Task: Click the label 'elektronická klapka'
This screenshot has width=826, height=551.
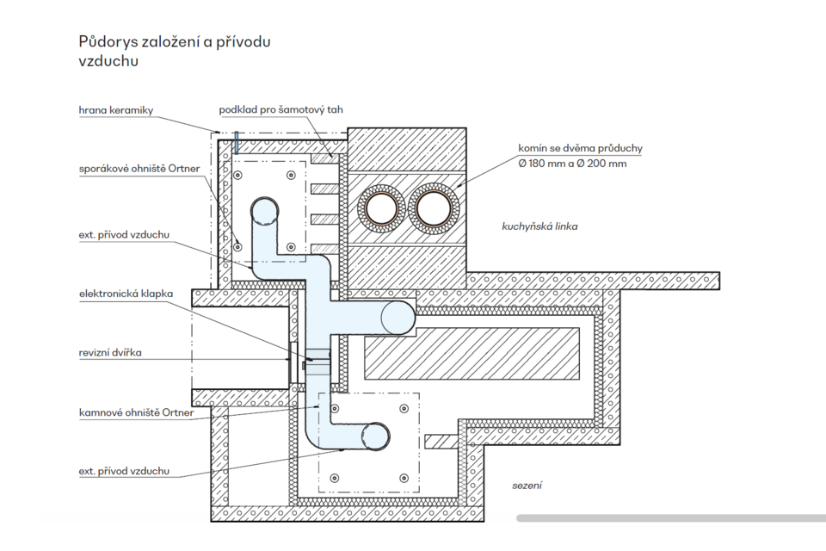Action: pos(126,294)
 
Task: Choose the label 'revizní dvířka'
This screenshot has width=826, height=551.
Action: pos(109,352)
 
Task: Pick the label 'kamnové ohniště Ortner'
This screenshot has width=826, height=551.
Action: pos(136,412)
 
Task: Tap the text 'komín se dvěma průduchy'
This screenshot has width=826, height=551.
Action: pos(579,148)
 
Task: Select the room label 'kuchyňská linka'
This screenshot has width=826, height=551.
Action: pos(539,226)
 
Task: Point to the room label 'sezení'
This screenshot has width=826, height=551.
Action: pos(527,486)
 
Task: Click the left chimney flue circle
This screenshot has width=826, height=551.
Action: pos(380,207)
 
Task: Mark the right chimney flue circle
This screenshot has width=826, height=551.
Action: pos(434,207)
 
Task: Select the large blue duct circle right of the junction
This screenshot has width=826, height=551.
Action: pos(398,316)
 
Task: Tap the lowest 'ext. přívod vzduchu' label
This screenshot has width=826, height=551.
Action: pos(123,471)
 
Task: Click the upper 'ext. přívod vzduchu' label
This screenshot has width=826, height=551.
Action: pos(123,234)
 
